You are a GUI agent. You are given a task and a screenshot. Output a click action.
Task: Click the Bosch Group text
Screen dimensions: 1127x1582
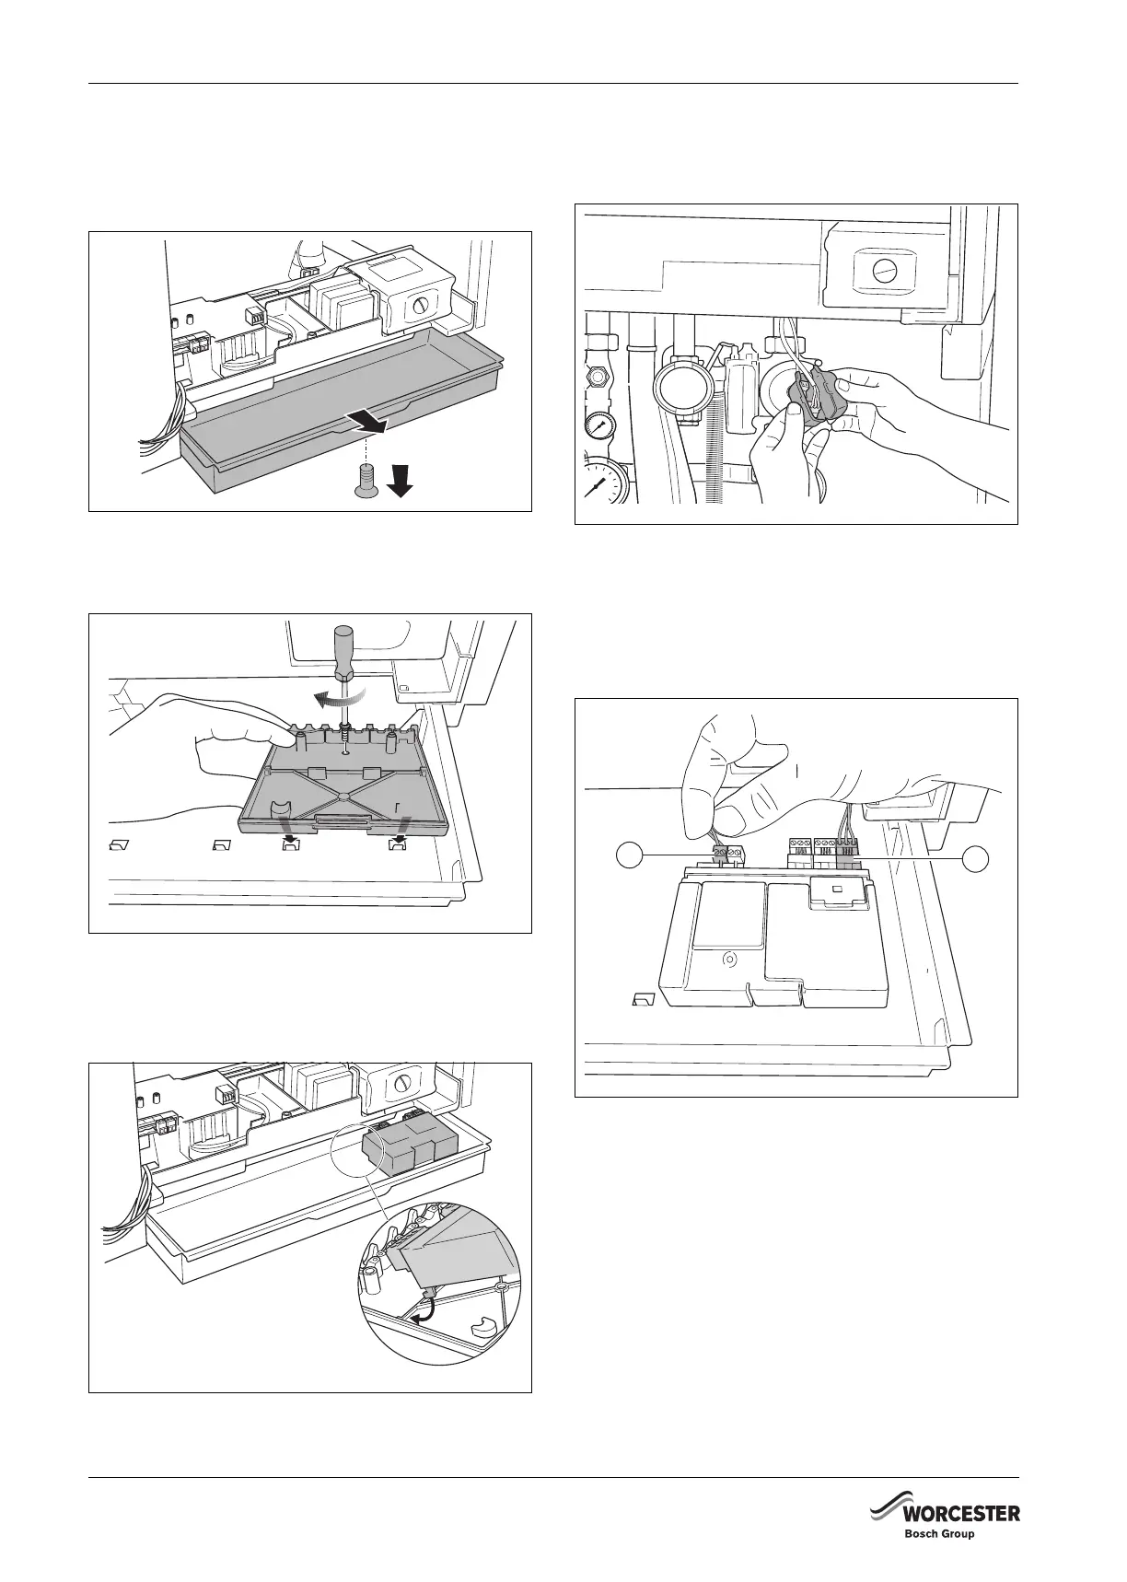click(x=939, y=1535)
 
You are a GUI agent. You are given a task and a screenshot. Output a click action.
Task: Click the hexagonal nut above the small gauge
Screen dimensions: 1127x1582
click(x=597, y=377)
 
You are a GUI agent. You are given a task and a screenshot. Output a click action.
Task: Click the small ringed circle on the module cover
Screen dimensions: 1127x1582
click(x=728, y=959)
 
